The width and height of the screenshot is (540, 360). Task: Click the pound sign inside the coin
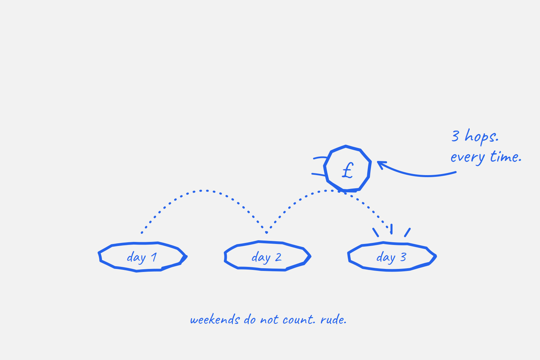[348, 170]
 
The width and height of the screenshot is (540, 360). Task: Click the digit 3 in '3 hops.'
[455, 136]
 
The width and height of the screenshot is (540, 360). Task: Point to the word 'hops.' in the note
[481, 137]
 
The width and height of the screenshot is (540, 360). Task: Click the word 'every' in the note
[468, 158]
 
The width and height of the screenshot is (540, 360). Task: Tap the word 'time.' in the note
[506, 157]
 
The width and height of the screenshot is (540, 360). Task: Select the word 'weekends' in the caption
[215, 320]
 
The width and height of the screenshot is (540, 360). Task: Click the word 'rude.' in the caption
[333, 320]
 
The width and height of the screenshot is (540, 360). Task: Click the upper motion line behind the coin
[320, 158]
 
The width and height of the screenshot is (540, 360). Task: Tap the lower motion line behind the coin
[319, 174]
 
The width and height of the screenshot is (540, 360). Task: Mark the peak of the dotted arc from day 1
[207, 191]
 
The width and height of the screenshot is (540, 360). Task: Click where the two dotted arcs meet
[266, 232]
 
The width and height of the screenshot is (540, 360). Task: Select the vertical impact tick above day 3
[391, 229]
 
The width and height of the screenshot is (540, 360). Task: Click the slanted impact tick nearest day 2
[376, 232]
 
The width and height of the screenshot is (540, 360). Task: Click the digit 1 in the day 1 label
[154, 257]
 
